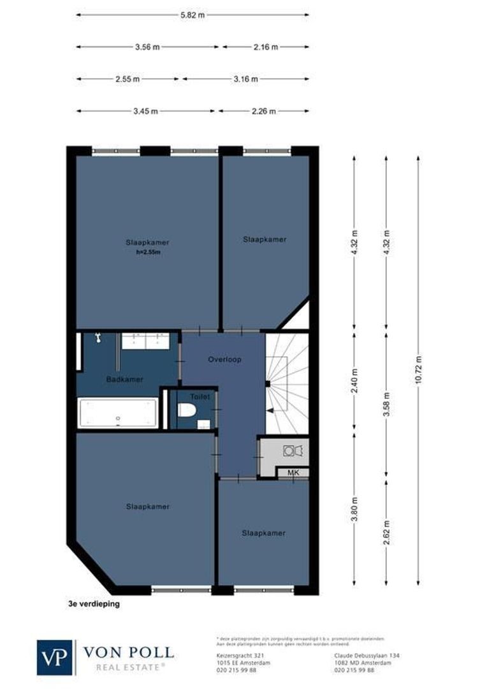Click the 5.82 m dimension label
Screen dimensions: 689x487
(193, 14)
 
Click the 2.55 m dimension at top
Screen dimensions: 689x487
(127, 79)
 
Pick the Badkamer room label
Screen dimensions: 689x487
(124, 379)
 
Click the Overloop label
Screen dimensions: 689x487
(223, 359)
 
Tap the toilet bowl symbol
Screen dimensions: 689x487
(186, 410)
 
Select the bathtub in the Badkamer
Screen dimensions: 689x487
(117, 413)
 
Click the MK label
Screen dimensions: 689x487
(293, 473)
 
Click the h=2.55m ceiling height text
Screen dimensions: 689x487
(147, 252)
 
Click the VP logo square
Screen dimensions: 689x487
(55, 657)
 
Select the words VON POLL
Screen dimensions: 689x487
(128, 653)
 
